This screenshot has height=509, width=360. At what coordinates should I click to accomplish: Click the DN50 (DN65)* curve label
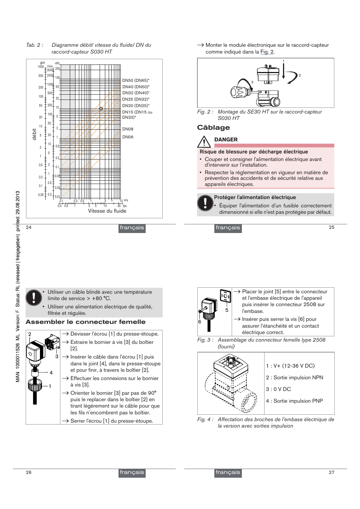(135, 80)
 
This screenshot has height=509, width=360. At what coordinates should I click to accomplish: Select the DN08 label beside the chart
(128, 129)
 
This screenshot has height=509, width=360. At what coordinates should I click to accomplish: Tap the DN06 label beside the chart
(128, 137)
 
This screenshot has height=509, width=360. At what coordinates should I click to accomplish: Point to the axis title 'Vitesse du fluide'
(107, 211)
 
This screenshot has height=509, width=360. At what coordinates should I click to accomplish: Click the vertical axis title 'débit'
(34, 134)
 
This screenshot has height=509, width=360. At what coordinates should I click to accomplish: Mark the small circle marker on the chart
(101, 109)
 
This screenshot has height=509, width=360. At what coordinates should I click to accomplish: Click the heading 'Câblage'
(213, 128)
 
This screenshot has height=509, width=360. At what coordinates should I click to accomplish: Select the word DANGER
(226, 140)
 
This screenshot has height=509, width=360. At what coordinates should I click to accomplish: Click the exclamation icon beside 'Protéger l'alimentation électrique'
(205, 203)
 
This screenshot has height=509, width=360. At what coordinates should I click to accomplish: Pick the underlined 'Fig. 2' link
(267, 52)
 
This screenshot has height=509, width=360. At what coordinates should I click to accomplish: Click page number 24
(29, 227)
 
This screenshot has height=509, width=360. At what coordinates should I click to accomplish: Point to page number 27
(331, 472)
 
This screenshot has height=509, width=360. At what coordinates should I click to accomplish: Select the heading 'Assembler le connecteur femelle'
(86, 322)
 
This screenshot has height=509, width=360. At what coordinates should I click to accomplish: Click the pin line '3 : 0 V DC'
(278, 389)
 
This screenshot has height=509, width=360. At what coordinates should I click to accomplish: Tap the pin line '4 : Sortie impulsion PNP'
(294, 401)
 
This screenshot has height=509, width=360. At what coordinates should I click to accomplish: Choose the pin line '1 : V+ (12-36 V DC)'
(290, 366)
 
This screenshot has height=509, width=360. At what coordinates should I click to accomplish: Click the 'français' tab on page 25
(228, 228)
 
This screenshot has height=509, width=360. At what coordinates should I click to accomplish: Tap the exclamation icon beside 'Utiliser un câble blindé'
(34, 297)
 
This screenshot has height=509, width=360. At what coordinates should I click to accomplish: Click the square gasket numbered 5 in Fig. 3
(225, 296)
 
